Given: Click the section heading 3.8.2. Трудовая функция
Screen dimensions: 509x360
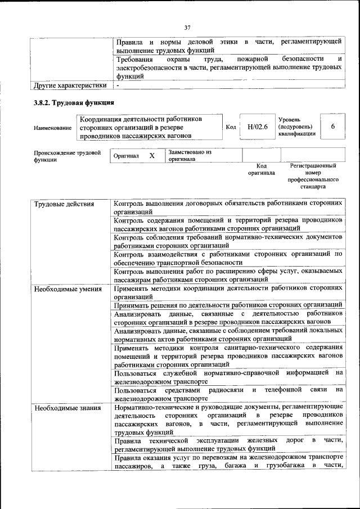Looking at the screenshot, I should click(74, 103).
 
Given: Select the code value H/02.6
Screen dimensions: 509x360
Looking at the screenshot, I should click(256, 127).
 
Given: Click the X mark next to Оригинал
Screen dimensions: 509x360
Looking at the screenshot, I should click(151, 155).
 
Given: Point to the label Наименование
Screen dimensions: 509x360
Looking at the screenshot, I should click(52, 128).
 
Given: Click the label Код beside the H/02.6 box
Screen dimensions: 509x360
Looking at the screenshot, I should click(231, 127).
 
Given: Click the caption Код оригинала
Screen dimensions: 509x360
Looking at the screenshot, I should click(261, 169).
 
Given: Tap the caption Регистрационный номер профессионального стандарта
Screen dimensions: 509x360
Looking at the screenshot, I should click(313, 177).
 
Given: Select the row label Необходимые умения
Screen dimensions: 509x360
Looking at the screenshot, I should click(67, 290).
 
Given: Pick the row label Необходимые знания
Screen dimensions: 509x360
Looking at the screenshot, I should click(67, 408).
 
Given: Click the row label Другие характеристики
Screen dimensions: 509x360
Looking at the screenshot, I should click(70, 85).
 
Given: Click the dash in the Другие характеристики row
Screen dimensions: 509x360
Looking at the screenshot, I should click(118, 85).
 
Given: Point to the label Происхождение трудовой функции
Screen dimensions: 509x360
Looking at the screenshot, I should click(67, 156).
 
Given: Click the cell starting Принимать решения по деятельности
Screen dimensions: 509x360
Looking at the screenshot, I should click(227, 305).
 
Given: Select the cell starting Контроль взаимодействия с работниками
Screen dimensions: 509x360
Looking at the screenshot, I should click(227, 258).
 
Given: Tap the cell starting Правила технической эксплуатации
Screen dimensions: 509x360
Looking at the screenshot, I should click(227, 444).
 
